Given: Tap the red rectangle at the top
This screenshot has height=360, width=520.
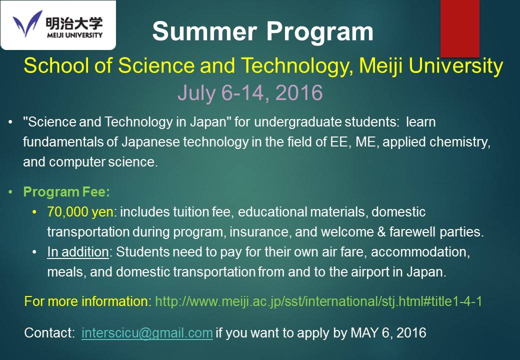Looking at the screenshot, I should tap(459, 28).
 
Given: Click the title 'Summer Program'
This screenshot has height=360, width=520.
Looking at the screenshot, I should tap(262, 31).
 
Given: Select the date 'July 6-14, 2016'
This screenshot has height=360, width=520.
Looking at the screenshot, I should tap(249, 92).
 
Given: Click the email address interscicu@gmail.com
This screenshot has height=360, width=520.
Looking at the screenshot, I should tap(147, 333).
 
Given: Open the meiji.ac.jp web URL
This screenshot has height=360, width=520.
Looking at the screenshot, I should tap(318, 301).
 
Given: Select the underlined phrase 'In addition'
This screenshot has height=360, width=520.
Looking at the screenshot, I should tap(77, 252).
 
